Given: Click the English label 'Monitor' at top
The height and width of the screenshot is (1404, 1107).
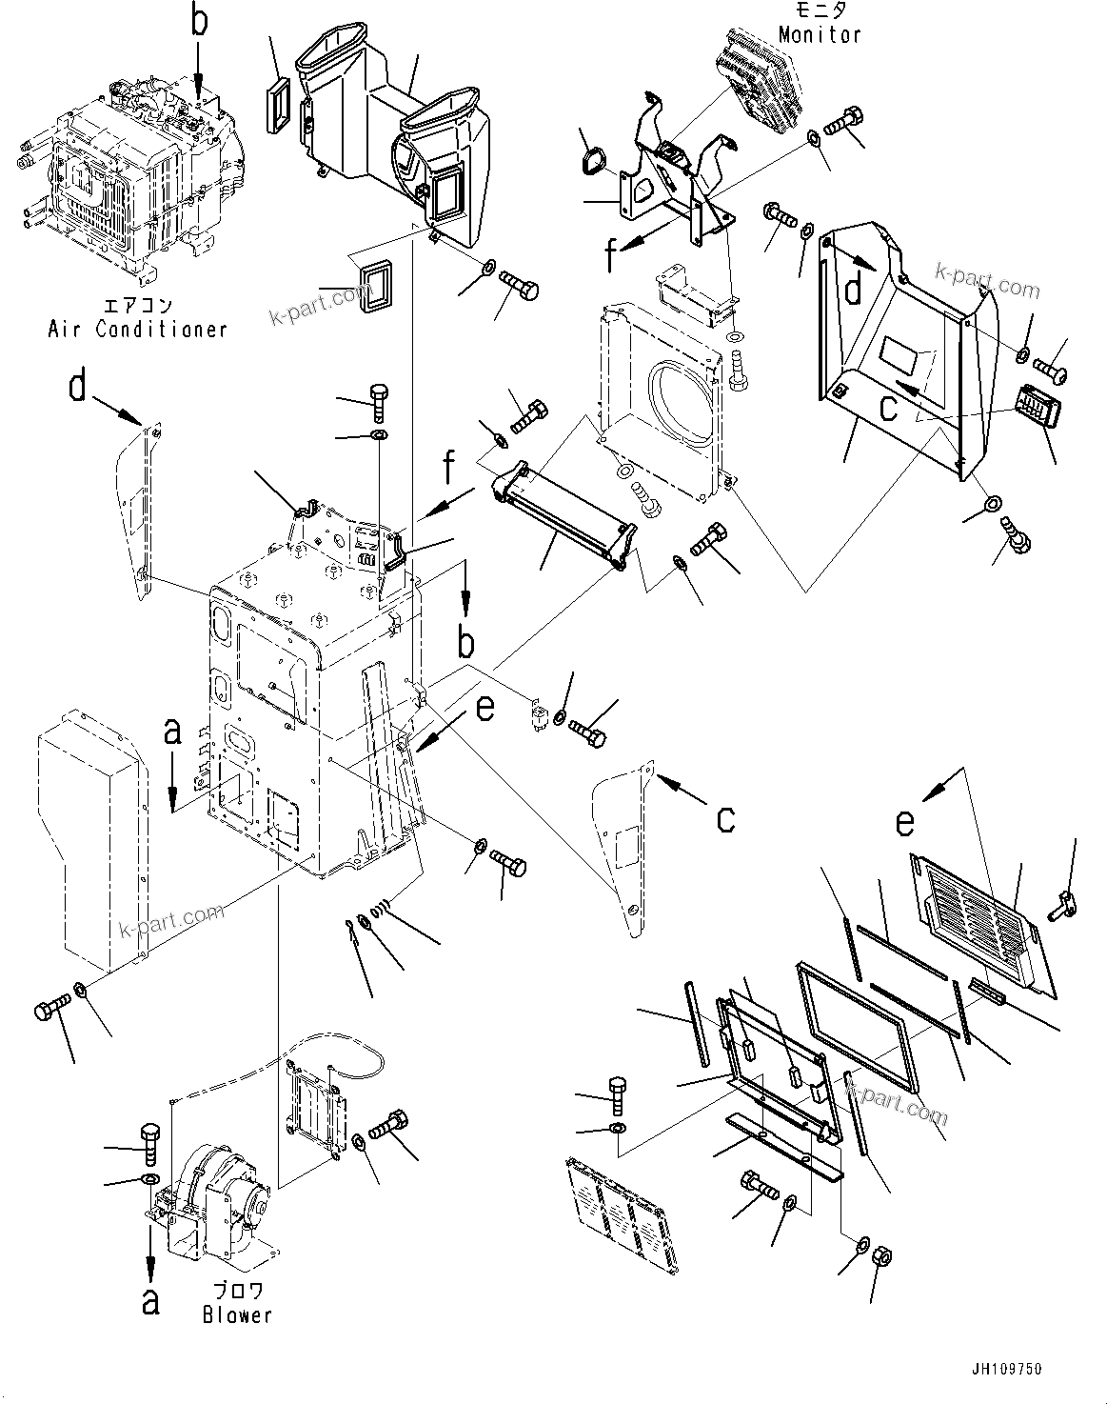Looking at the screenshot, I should tap(819, 34).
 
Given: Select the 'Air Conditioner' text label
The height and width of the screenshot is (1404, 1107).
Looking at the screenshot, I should tap(138, 330).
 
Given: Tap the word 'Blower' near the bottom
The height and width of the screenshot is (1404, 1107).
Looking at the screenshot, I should tap(237, 1315).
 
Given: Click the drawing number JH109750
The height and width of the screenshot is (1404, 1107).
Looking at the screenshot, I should tap(1006, 1370).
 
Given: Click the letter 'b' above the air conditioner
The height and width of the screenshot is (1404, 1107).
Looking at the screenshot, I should tap(198, 23).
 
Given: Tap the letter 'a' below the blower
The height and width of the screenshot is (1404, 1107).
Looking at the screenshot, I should tap(149, 1299).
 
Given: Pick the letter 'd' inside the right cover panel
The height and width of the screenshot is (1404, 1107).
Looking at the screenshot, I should tap(854, 289).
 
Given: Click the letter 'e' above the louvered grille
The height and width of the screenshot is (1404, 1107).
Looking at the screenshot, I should tap(905, 822).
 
